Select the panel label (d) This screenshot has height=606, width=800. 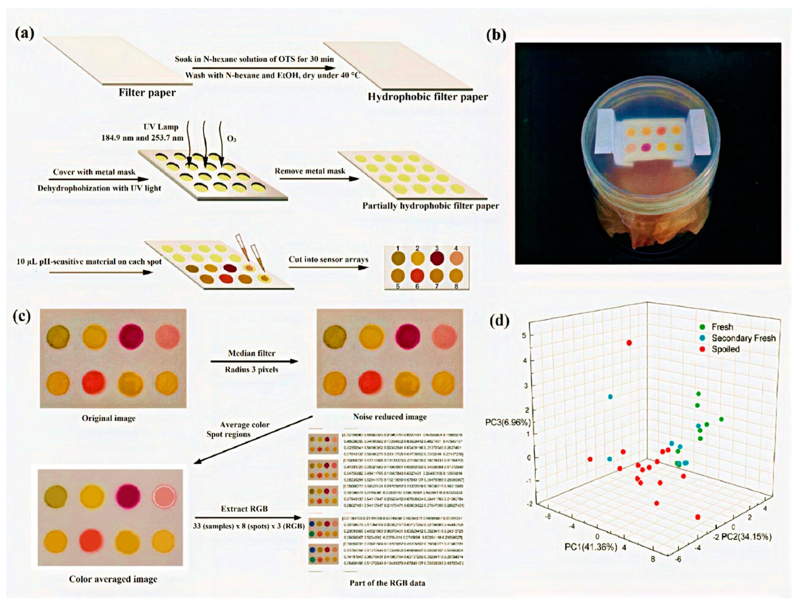(x=499, y=321)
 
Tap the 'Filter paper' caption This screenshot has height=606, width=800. (x=147, y=93)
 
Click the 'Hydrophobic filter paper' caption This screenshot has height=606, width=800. (x=428, y=97)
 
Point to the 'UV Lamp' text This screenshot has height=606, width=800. (x=161, y=127)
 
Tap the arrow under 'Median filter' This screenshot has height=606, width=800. (x=254, y=361)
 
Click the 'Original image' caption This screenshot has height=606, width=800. (x=108, y=418)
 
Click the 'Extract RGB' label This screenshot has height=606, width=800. (x=245, y=509)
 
